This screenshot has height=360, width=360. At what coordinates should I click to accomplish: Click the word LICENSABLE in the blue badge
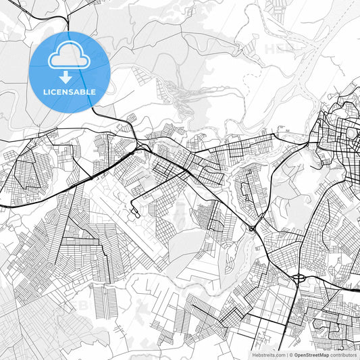[x=70, y=91]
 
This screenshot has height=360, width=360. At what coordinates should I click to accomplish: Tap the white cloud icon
[x=70, y=59]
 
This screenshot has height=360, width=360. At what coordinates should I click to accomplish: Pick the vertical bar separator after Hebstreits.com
[x=286, y=354]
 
